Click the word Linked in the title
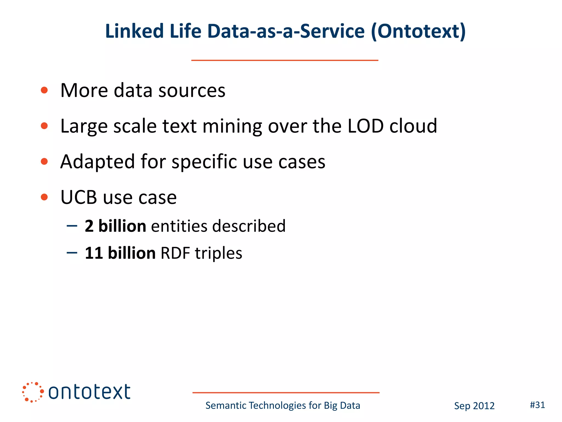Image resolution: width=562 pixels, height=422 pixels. pos(134,31)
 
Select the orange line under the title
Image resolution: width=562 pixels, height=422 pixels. pos(285,60)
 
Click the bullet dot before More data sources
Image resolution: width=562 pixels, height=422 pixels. pos(44,90)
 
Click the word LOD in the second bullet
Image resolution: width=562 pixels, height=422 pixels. pos(365,126)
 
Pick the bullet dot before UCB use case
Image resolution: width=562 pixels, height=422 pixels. pos(44,197)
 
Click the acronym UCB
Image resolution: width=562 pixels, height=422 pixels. pos(79,197)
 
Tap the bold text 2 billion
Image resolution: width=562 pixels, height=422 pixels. pos(115,226)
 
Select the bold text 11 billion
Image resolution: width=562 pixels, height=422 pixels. pos(120,253)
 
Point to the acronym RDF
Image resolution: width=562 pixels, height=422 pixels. pos(175,253)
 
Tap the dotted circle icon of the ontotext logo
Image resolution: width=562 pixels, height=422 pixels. pos(33,392)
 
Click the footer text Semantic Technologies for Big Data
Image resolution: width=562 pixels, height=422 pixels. pos(283,406)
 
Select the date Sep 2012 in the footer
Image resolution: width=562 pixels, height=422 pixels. pos(474,406)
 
